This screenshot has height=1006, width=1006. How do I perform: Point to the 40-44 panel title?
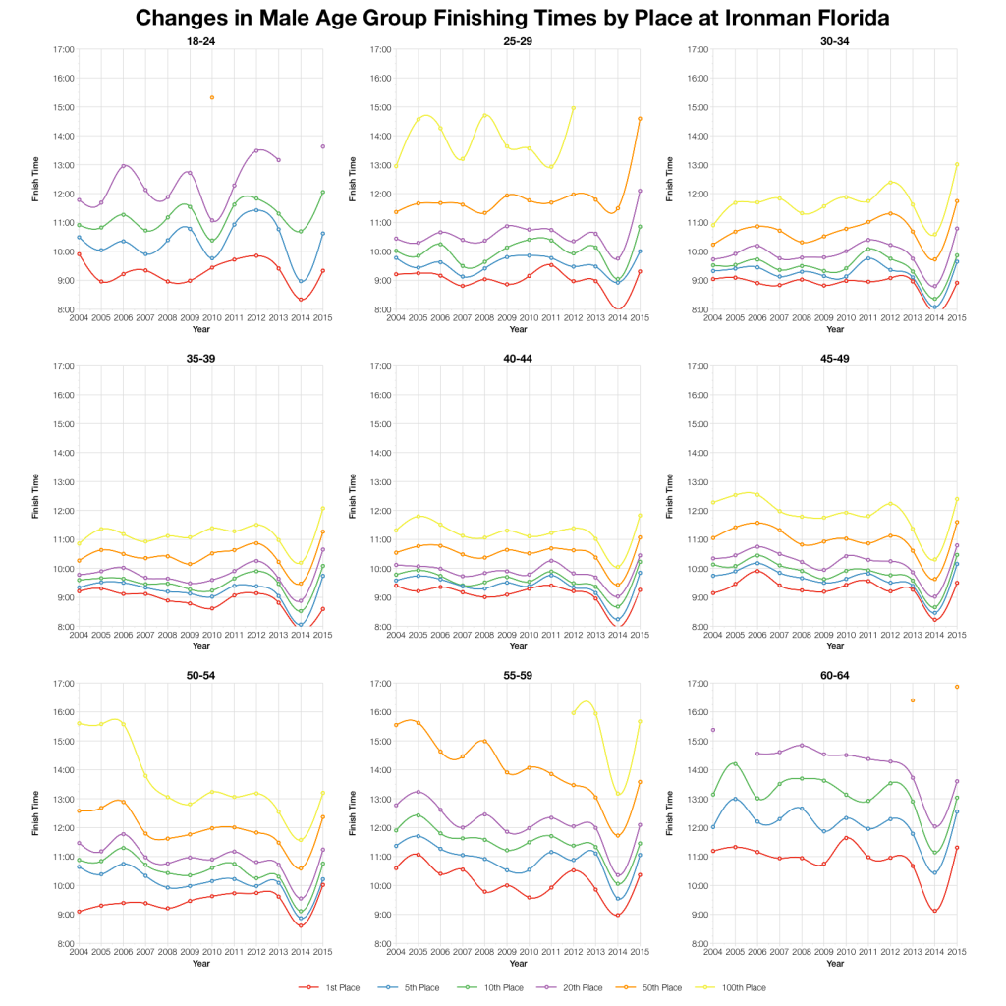[x=518, y=358]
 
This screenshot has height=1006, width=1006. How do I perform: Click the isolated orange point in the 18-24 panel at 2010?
[x=211, y=97]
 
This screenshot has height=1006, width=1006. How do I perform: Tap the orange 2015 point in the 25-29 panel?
[x=640, y=119]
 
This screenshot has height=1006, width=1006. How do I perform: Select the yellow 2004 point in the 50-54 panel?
[x=79, y=723]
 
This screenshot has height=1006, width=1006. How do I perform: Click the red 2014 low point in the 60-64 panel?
[x=934, y=911]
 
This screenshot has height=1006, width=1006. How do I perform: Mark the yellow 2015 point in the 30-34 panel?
[x=957, y=164]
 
